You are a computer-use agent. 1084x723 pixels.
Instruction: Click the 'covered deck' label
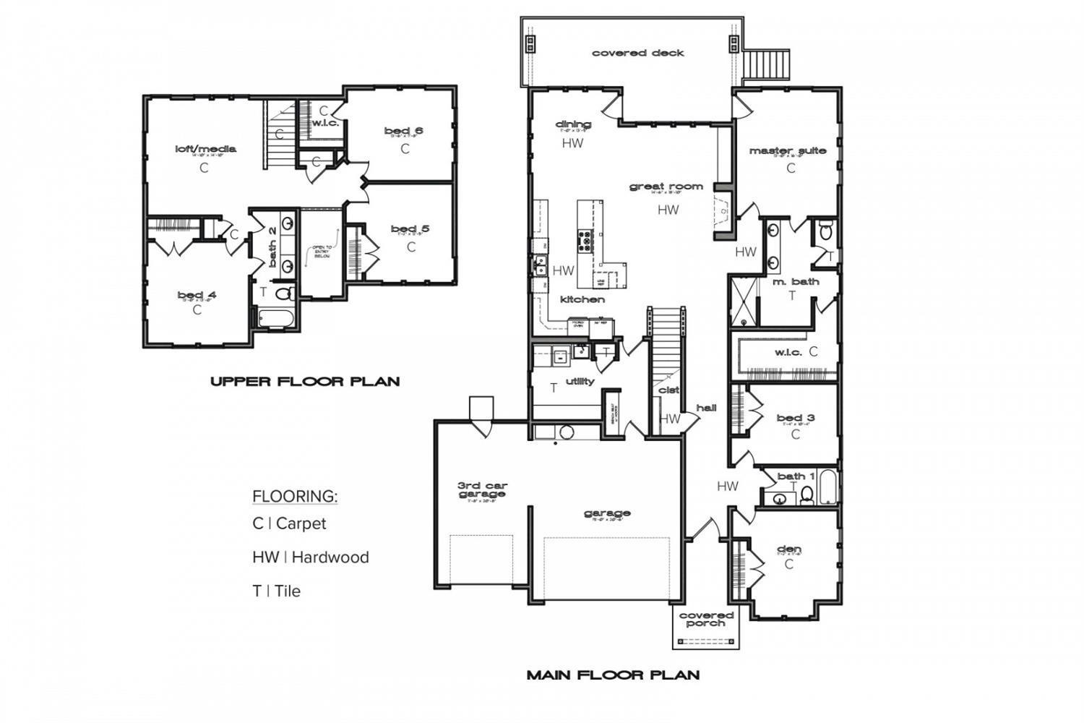tap(637, 53)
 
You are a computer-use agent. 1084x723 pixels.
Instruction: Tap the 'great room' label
tap(666, 187)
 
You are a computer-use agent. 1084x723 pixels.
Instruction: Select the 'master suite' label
tap(787, 151)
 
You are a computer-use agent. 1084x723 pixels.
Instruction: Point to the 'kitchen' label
tap(582, 299)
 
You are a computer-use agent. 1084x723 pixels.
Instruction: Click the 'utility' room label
tap(580, 381)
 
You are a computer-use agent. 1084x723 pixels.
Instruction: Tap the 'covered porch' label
tap(706, 619)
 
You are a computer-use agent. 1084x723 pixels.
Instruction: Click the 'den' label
tap(788, 549)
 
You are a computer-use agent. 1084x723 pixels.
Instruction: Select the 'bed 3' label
tap(796, 418)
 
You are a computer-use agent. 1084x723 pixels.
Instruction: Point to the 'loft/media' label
tap(205, 150)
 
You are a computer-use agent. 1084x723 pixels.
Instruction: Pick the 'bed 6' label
tap(403, 131)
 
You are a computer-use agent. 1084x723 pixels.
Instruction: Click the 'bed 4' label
tap(197, 295)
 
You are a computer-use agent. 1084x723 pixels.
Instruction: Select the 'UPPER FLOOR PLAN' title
tap(304, 381)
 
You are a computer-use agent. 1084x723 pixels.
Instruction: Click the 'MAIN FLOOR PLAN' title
tap(613, 675)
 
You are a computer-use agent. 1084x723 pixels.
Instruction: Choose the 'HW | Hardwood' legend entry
tap(310, 557)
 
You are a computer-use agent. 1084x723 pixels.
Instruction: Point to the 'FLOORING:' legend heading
tap(295, 497)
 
